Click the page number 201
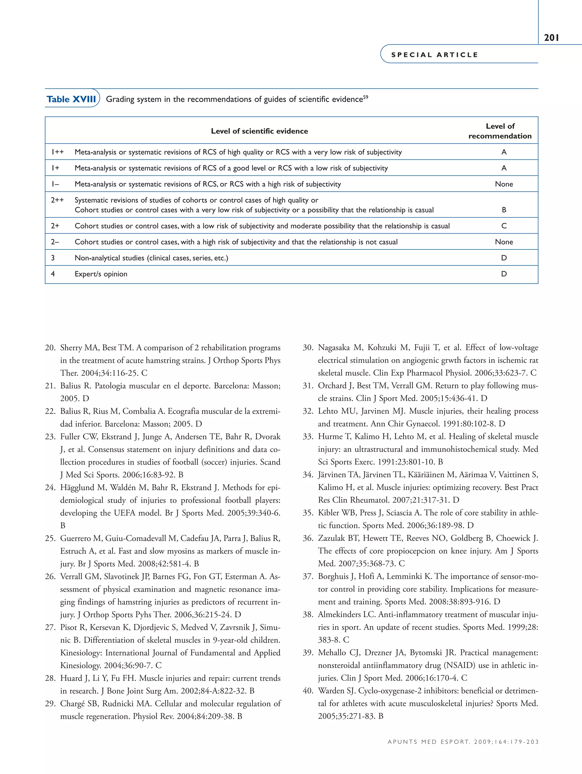(x=552, y=38)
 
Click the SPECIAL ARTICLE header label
(x=434, y=55)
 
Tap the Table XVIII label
(x=71, y=99)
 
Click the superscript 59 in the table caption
(x=365, y=97)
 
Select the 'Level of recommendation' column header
(x=500, y=131)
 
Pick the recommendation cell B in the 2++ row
(x=504, y=210)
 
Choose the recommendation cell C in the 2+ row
(x=504, y=226)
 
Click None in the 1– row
(x=504, y=184)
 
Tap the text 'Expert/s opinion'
(x=101, y=274)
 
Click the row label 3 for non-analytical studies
(x=53, y=258)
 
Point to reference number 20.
(x=50, y=348)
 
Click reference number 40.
(x=308, y=691)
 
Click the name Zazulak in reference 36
(x=332, y=538)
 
